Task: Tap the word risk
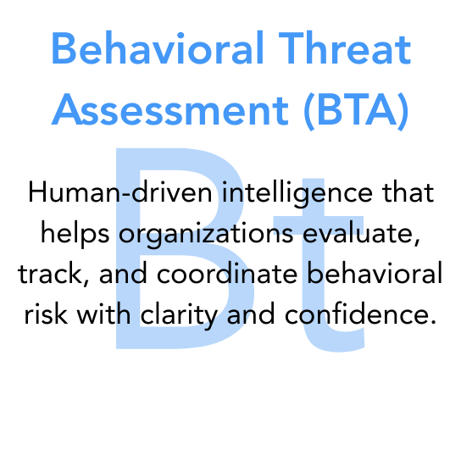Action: [44, 315]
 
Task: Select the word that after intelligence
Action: [407, 193]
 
